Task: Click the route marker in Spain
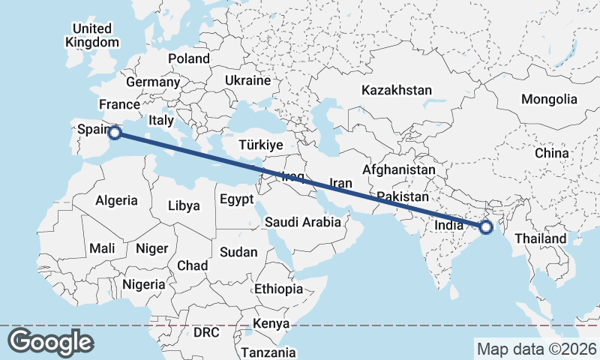pyautogui.click(x=115, y=133)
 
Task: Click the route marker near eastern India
pyautogui.click(x=485, y=226)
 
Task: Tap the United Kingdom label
pyautogui.click(x=92, y=35)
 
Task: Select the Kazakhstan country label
pyautogui.click(x=396, y=90)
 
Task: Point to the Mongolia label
pyautogui.click(x=549, y=99)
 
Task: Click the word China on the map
pyautogui.click(x=552, y=153)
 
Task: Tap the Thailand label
pyautogui.click(x=540, y=238)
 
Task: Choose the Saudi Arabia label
pyautogui.click(x=303, y=222)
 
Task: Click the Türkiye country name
pyautogui.click(x=260, y=145)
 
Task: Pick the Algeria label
pyautogui.click(x=116, y=200)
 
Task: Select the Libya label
pyautogui.click(x=184, y=205)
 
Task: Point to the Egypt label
pyautogui.click(x=238, y=199)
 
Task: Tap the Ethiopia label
pyautogui.click(x=278, y=289)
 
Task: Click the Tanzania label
pyautogui.click(x=268, y=352)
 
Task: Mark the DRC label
pyautogui.click(x=206, y=331)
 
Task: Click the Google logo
pyautogui.click(x=50, y=342)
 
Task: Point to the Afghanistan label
pyautogui.click(x=398, y=170)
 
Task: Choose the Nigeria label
pyautogui.click(x=143, y=284)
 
